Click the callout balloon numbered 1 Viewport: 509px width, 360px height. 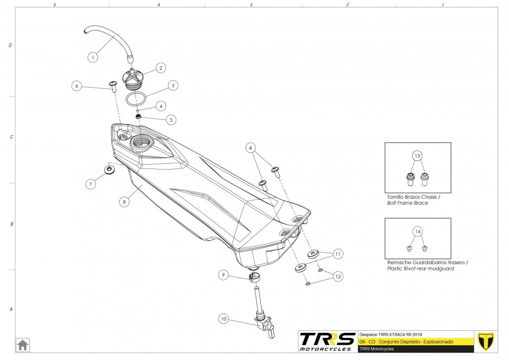tap(92, 57)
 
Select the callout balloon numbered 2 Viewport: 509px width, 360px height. tap(161, 68)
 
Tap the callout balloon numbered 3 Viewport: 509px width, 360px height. tap(172, 85)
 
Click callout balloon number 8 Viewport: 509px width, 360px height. tap(124, 202)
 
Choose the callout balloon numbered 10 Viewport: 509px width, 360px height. tap(223, 319)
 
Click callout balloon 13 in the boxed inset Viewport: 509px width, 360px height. tap(417, 156)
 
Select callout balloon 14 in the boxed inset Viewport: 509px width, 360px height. tap(417, 231)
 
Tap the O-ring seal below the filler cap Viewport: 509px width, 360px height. tap(134, 98)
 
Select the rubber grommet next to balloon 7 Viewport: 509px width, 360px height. tap(108, 170)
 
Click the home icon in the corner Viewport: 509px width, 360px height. tap(23, 344)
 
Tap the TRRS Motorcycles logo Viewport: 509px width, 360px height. tap(327, 341)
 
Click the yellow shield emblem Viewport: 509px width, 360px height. tap(487, 341)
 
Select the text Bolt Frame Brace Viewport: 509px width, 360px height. tap(407, 203)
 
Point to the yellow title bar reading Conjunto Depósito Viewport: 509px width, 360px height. tap(415, 342)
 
